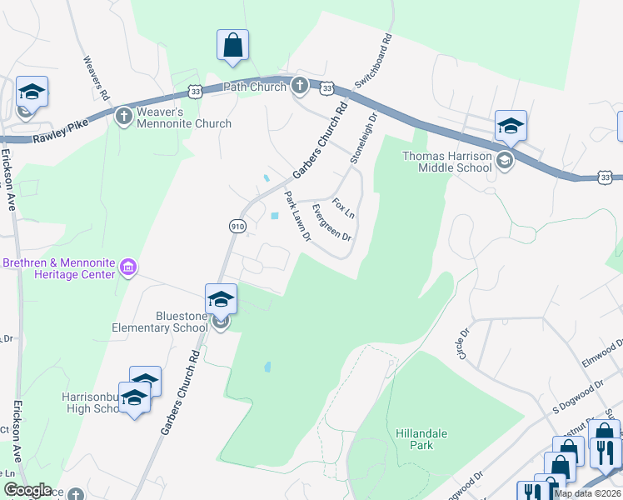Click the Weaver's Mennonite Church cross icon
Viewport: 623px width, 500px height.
pyautogui.click(x=123, y=115)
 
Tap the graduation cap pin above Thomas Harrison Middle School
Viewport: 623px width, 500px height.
pyautogui.click(x=511, y=127)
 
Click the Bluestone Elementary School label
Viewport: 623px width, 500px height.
pyautogui.click(x=160, y=322)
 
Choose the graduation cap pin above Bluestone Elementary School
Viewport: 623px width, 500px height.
pyautogui.click(x=221, y=299)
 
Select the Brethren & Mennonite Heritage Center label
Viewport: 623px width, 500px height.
pyautogui.click(x=58, y=267)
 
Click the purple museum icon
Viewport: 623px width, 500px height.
pyautogui.click(x=127, y=267)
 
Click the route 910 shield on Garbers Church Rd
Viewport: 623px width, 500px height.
pyautogui.click(x=236, y=225)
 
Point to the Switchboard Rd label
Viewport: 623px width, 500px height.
pyautogui.click(x=372, y=62)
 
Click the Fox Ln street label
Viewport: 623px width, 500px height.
pyautogui.click(x=343, y=208)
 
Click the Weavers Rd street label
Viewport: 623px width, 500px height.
pyautogui.click(x=96, y=78)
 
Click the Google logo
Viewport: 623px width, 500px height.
pyautogui.click(x=27, y=490)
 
